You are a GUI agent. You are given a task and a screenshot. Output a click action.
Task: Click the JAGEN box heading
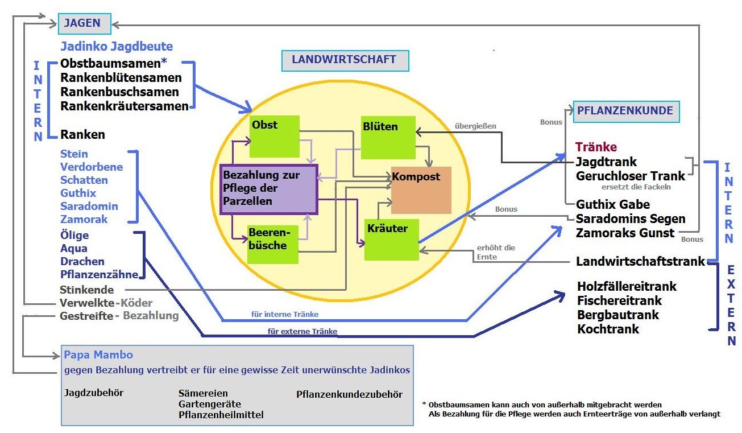point(82,24)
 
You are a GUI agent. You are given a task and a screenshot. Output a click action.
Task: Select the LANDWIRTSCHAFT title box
point(345,60)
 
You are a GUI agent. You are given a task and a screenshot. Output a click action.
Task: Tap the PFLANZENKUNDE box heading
point(625,111)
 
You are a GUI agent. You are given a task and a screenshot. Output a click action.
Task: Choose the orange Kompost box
point(421,190)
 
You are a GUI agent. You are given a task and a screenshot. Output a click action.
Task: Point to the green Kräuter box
point(391,240)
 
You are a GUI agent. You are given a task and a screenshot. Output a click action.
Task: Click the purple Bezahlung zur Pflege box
point(268,189)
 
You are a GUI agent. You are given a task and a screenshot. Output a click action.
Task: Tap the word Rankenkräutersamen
point(124,106)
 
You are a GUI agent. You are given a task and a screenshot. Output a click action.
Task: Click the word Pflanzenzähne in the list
point(99,275)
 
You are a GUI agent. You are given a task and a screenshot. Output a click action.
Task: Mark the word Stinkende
point(86,290)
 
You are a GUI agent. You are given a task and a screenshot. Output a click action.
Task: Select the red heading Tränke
point(596,147)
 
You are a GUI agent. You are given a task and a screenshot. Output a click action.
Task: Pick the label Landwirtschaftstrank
point(640,262)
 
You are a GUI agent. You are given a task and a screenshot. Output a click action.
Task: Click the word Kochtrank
point(608,329)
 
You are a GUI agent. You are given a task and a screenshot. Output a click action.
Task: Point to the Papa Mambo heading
point(98,355)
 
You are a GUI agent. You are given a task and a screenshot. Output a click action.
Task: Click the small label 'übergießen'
point(476,126)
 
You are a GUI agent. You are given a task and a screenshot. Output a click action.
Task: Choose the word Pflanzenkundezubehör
point(349,394)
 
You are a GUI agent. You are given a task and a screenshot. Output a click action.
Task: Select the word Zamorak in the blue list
point(84,219)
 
